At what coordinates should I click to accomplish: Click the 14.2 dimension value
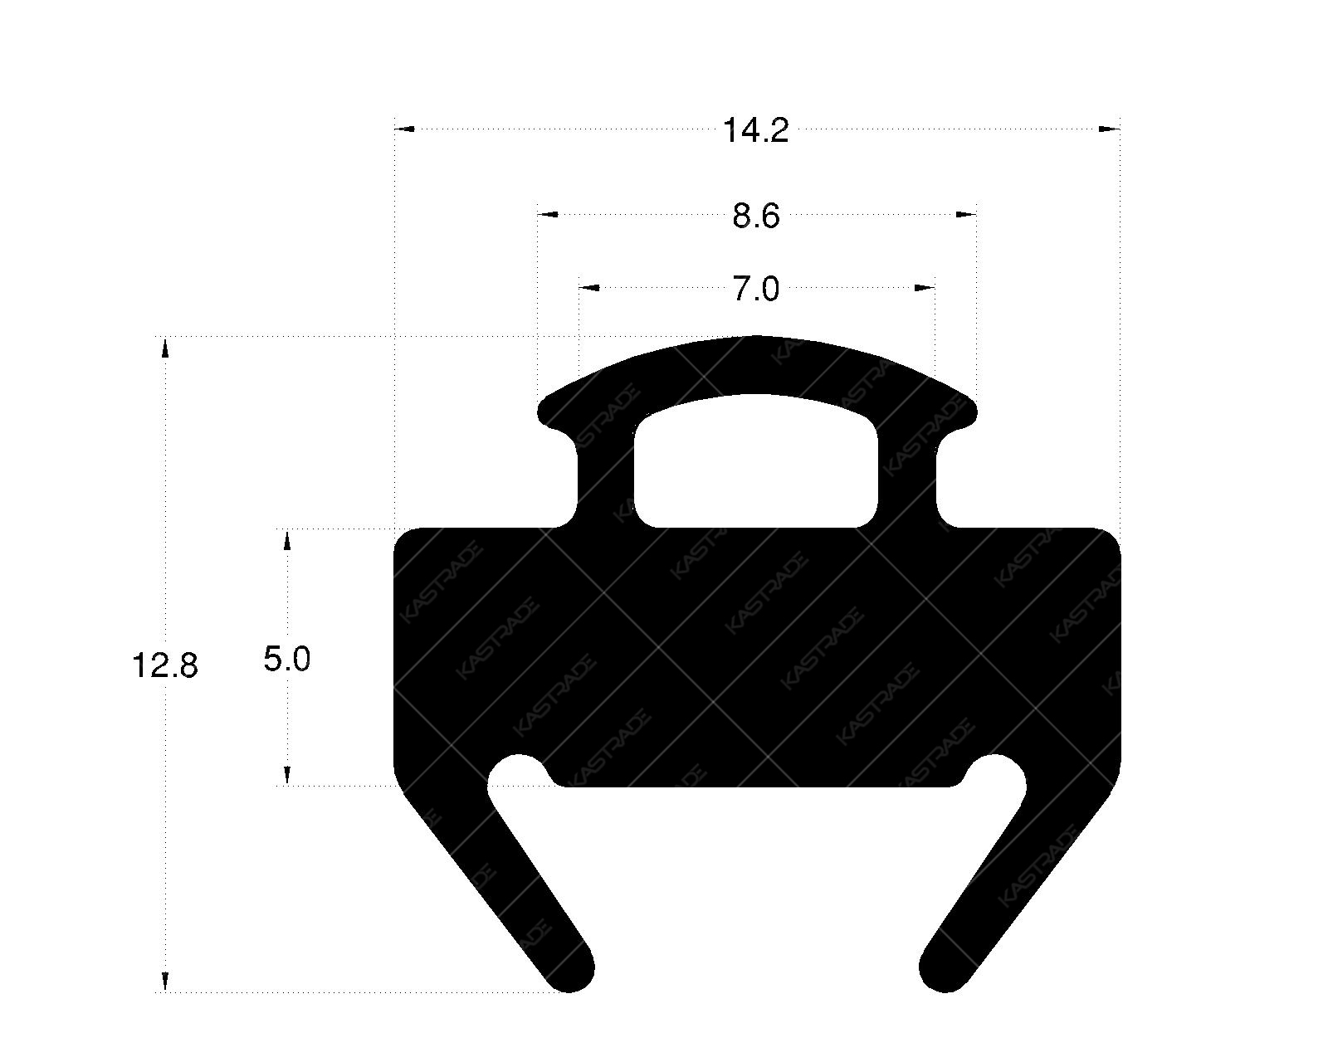755,131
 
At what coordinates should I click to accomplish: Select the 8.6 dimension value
756,217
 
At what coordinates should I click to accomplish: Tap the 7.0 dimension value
756,290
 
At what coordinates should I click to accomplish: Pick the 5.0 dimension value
287,660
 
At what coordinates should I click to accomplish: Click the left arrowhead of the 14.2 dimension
404,129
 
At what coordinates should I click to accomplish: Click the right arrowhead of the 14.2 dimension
1110,129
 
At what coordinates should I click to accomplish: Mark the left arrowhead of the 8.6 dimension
548,215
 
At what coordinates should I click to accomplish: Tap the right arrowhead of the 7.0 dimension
925,288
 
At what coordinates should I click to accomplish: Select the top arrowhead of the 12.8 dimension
165,347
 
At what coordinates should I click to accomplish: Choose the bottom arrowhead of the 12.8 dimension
165,982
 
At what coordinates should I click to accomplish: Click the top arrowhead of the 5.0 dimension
287,539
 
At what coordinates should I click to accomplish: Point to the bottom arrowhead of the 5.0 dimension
287,776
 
